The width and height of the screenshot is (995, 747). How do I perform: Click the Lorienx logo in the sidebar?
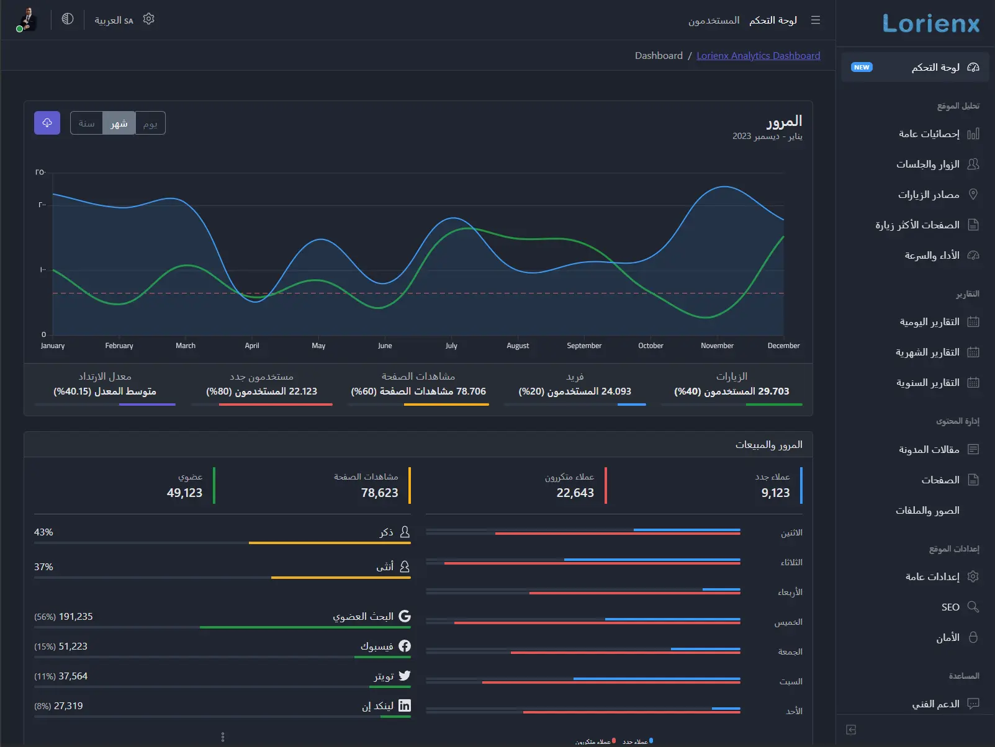[930, 24]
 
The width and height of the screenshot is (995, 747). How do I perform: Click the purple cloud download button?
[47, 123]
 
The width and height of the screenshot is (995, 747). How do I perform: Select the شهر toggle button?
[119, 123]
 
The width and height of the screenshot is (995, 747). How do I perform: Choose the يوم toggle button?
[150, 123]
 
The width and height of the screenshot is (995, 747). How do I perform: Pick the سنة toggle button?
[86, 123]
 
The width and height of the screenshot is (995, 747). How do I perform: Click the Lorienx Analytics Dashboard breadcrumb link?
[758, 56]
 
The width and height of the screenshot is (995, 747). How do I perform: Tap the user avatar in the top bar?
[27, 19]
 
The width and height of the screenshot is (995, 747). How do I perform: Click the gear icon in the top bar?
[148, 19]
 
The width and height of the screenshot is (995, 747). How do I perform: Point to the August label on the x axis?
[518, 346]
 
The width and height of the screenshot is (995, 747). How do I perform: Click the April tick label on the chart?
[252, 346]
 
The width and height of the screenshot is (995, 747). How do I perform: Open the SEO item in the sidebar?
[950, 607]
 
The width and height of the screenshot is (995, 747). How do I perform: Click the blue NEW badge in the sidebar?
[862, 68]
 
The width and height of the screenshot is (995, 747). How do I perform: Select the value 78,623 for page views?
[379, 493]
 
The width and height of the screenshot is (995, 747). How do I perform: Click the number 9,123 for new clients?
[775, 493]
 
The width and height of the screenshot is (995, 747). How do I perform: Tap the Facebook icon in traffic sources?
[405, 646]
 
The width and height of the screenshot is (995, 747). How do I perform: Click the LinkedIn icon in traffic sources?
[405, 705]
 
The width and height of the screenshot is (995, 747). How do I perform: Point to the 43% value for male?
[43, 532]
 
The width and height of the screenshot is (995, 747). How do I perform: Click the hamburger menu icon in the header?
[816, 20]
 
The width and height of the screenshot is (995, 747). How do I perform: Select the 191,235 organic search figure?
[75, 617]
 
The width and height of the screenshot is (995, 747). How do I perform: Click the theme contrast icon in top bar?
[68, 19]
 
